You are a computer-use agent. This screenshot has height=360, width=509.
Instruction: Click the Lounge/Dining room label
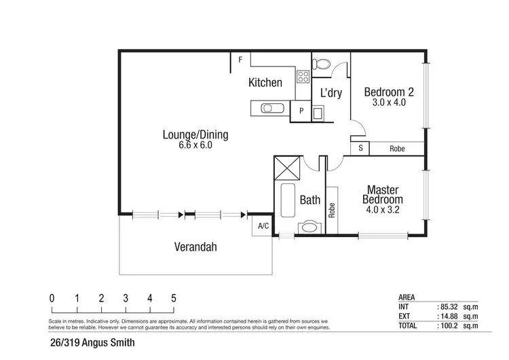(x=195, y=134)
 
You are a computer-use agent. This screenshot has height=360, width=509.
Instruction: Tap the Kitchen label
(x=265, y=83)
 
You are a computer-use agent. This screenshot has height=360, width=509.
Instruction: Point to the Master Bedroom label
(x=382, y=195)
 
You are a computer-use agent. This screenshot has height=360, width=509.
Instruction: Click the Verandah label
(x=195, y=247)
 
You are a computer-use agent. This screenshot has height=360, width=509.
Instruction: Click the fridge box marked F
(x=240, y=60)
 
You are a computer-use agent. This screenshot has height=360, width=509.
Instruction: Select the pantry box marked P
(x=301, y=111)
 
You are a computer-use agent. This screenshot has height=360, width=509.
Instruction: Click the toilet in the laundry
(x=322, y=65)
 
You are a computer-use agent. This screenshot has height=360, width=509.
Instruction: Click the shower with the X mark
(x=286, y=167)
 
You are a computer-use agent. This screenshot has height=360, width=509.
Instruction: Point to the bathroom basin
(x=312, y=227)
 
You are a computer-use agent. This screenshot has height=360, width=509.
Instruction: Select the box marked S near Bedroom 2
(x=360, y=148)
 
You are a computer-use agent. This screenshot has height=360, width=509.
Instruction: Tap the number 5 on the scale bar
(x=174, y=298)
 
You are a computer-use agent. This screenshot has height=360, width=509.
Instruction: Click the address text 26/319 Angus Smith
(x=92, y=343)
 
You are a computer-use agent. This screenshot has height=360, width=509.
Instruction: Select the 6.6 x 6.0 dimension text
(x=195, y=145)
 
